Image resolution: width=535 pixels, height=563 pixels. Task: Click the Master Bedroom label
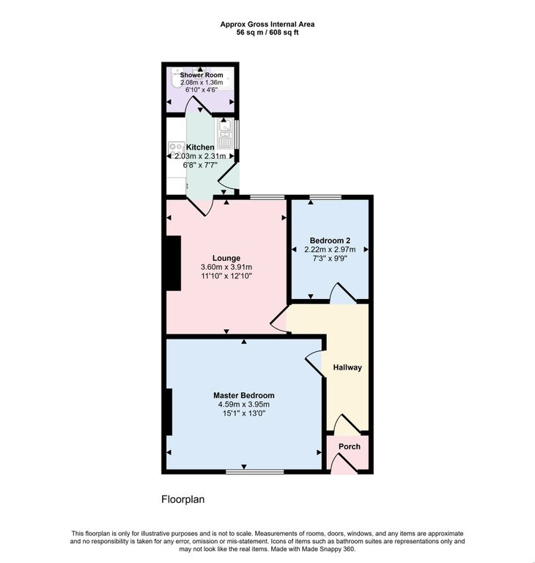(x=244, y=395)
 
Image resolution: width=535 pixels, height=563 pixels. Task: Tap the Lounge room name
(x=226, y=258)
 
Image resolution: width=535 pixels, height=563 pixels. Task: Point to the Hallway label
(x=347, y=367)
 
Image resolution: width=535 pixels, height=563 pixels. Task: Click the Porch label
(x=350, y=446)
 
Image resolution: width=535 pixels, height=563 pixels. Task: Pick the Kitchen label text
(x=200, y=147)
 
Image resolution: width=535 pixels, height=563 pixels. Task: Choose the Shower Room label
(x=202, y=75)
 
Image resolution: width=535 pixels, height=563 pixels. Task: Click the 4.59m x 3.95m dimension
(x=244, y=405)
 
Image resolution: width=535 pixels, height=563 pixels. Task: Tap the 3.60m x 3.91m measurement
(x=226, y=267)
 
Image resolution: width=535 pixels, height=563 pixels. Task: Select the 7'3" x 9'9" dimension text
(x=330, y=258)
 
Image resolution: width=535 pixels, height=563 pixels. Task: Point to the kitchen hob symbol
(x=177, y=147)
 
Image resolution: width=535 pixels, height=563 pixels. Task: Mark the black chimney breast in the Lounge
(x=174, y=263)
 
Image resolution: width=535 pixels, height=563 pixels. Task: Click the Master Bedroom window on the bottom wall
(x=254, y=471)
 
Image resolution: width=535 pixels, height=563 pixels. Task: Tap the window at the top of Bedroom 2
(x=326, y=197)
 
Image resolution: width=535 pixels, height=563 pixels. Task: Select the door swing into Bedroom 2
(x=343, y=293)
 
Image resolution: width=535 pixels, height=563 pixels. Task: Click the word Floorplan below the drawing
(x=182, y=499)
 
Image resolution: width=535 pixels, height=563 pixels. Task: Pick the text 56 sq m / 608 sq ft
(x=267, y=32)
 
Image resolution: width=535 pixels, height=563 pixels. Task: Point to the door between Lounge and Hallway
(x=279, y=319)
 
